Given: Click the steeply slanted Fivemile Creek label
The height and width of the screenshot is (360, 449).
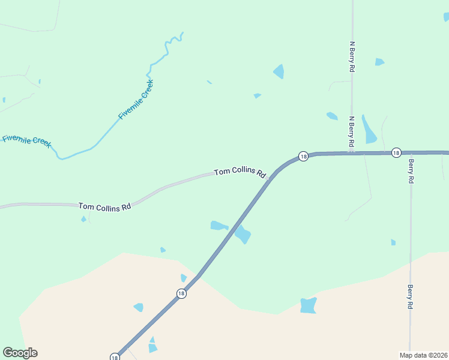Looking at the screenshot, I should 136,99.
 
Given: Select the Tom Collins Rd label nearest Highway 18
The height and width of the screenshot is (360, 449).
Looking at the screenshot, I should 240,172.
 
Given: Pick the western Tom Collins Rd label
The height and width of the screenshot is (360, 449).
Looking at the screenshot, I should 104,206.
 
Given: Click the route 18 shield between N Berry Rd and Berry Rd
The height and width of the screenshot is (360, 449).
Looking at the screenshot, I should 396,153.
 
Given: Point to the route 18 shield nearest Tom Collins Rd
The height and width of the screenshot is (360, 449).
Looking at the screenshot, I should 304,156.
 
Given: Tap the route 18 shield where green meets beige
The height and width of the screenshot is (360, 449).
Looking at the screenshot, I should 181,293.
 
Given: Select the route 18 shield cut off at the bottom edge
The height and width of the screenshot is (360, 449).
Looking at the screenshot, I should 115,356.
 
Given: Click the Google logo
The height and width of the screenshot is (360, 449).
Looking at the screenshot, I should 20,353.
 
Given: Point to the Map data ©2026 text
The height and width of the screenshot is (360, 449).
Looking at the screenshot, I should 423,355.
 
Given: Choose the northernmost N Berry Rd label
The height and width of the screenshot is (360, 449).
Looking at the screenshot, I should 352,57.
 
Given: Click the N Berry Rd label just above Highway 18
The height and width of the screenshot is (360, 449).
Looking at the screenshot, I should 352,132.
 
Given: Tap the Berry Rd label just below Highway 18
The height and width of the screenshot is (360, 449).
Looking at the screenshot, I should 411,170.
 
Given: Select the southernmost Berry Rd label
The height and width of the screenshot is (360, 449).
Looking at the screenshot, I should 411,296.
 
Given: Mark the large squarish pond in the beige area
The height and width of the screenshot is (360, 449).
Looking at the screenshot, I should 309,305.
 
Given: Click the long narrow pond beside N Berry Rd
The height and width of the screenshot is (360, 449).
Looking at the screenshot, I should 369,129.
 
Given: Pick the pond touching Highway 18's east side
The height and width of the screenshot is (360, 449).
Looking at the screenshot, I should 243,234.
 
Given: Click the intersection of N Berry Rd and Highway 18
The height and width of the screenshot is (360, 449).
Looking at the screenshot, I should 352,153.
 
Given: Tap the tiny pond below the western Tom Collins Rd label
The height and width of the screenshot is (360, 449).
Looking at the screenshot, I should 83,219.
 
